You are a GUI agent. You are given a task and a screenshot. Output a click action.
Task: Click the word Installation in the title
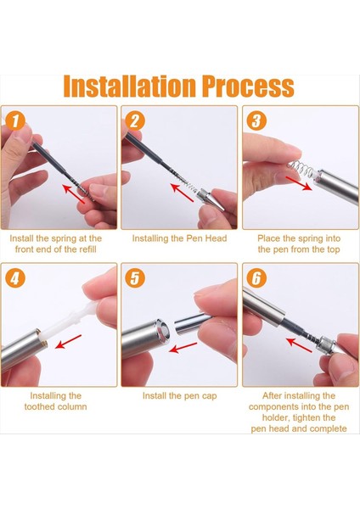click(x=130, y=86)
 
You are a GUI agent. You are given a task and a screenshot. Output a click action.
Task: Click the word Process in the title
click(x=248, y=86)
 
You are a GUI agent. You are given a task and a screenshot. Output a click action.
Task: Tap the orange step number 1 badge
click(x=15, y=120)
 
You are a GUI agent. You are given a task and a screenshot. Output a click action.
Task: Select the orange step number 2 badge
click(x=134, y=120)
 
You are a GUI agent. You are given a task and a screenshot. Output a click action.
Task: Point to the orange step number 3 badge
click(x=256, y=120)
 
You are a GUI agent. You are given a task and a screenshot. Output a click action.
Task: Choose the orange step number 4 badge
click(x=15, y=278)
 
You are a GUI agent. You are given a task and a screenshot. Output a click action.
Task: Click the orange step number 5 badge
click(x=134, y=278)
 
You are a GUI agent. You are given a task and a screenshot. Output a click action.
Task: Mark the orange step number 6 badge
click(x=256, y=278)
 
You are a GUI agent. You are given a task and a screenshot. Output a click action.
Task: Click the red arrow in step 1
click(x=74, y=193)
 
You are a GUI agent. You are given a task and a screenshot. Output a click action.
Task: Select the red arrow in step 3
click(x=299, y=183)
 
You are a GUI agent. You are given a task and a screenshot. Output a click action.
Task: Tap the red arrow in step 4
click(x=68, y=342)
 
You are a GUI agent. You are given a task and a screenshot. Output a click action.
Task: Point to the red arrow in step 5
click(x=183, y=347)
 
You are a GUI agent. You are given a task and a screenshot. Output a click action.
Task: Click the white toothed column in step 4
click(x=69, y=319)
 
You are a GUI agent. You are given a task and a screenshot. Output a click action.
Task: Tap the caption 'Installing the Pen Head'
click(x=179, y=238)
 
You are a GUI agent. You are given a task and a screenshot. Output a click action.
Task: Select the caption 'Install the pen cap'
click(x=179, y=396)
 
